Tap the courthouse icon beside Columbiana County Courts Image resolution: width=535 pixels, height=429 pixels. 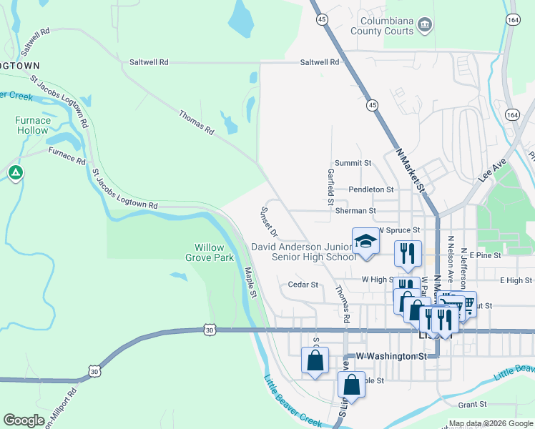[x=425, y=25]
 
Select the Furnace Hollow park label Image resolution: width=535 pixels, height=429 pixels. [x=33, y=126]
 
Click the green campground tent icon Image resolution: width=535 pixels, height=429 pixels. [x=15, y=172]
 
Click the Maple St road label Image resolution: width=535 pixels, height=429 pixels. [x=250, y=282]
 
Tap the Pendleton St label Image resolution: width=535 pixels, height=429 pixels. [x=371, y=189]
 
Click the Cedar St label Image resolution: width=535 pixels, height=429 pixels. [x=303, y=285]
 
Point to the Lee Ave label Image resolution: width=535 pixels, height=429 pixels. [x=493, y=172]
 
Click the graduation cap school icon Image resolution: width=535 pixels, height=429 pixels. [x=365, y=241]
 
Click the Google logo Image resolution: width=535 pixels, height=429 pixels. [x=24, y=420]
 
